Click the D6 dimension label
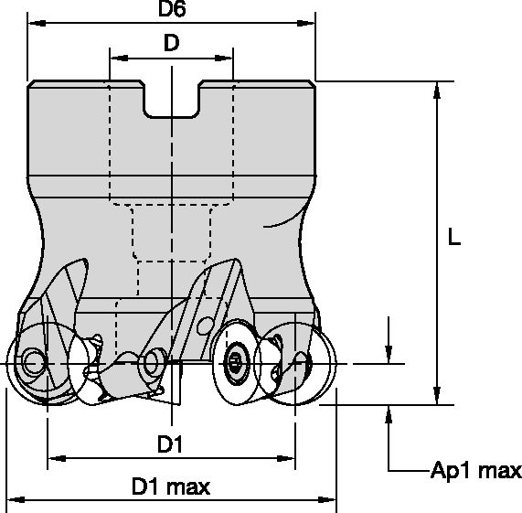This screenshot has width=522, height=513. [x=171, y=11]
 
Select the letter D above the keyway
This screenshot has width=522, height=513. [x=171, y=42]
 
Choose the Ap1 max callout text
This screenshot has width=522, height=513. [x=475, y=471]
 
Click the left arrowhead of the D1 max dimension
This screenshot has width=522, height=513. [x=14, y=501]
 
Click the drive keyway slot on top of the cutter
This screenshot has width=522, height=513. [x=171, y=102]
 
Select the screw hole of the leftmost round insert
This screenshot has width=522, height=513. [x=33, y=363]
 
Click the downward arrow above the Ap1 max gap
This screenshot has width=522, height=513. [x=390, y=355]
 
